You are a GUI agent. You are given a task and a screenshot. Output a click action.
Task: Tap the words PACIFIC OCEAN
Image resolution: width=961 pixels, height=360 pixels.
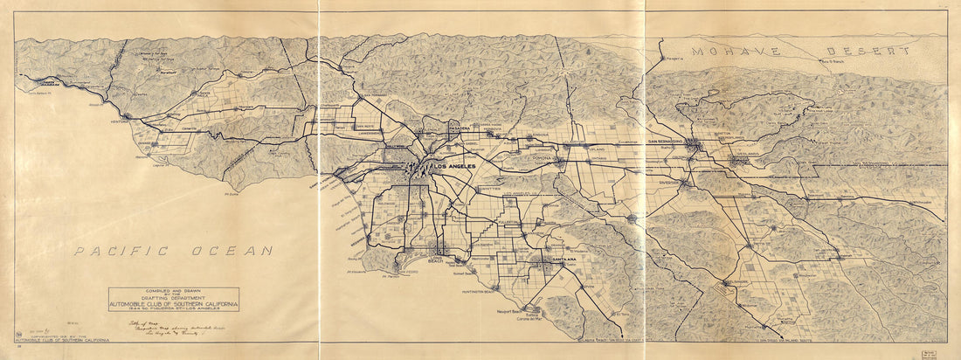coord(173,251)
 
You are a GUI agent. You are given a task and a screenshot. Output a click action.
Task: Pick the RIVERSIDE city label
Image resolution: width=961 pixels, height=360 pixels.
coord(668,184)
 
